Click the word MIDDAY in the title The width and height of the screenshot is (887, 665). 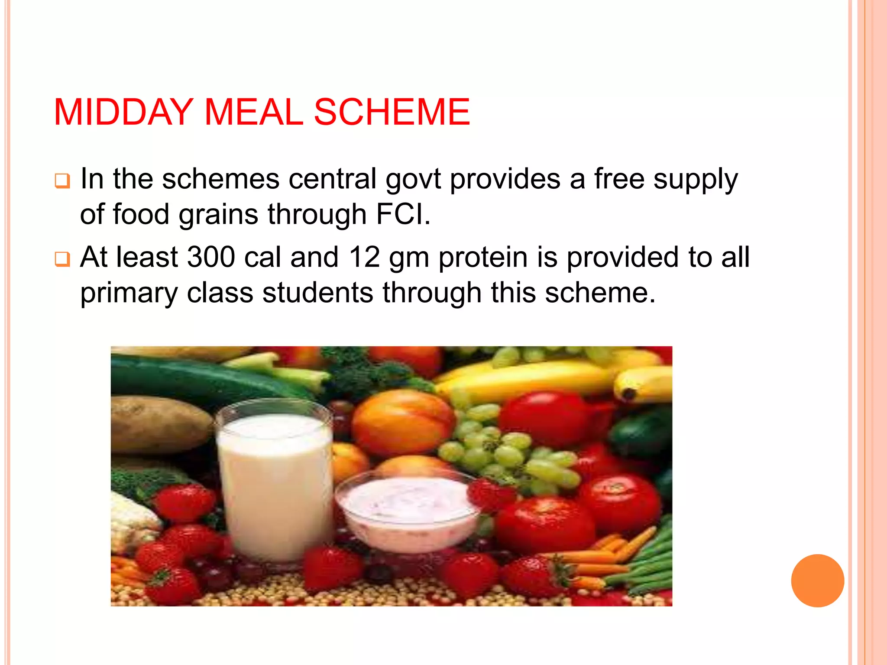pos(123,113)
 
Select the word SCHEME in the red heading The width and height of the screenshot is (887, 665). pos(392,113)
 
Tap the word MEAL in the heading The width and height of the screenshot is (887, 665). pos(253,113)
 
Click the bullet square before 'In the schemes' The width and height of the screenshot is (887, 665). pos(62,181)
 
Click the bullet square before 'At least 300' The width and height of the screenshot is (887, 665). pos(62,259)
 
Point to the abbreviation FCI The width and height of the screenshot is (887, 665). pos(402,214)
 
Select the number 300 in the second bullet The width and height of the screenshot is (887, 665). pos(211,257)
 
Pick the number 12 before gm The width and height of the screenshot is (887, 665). pos(364,257)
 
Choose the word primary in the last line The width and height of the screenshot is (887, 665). pos(129,294)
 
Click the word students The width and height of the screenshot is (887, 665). pos(317,293)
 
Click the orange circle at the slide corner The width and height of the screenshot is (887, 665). pos(817,581)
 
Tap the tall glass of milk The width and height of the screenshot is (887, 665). pos(274,481)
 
